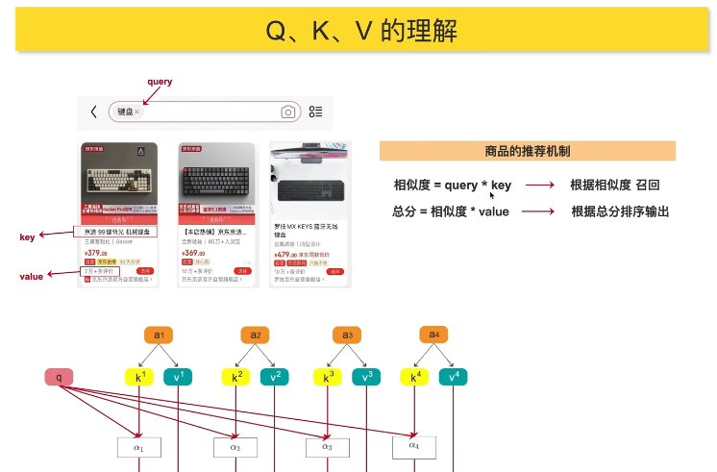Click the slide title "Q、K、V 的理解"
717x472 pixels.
coord(361,32)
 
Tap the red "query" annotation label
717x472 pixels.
coord(160,82)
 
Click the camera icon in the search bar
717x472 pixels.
coord(287,112)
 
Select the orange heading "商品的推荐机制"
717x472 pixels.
coord(527,151)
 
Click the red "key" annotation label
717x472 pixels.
coord(27,236)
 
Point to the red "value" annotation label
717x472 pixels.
coord(32,276)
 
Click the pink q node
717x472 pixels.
coord(59,378)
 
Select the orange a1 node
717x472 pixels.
coord(160,335)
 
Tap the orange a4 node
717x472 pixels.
coord(433,335)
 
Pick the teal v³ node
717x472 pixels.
coord(366,378)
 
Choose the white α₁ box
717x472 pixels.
coord(138,447)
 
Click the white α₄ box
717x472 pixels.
coord(414,446)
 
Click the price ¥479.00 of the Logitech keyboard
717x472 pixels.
coord(287,254)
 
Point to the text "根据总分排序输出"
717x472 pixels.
coord(620,211)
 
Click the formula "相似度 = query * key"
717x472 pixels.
coord(453,185)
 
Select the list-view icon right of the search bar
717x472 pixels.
coord(315,112)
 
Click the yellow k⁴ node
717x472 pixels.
coord(415,378)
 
